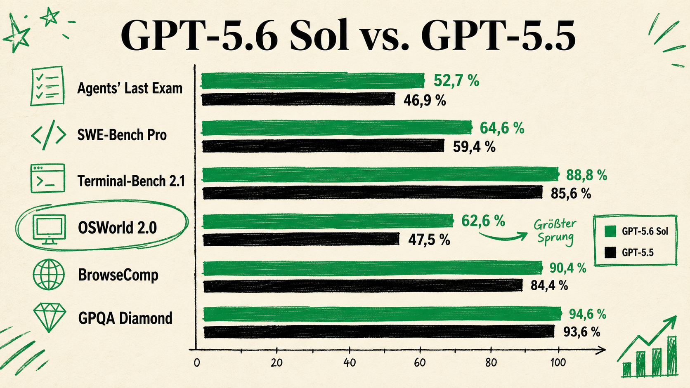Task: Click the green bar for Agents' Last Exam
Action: (x=313, y=81)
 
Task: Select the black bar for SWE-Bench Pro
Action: (x=323, y=146)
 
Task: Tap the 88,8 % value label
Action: (x=586, y=175)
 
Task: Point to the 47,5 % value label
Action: (x=429, y=240)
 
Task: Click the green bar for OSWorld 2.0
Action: (x=328, y=221)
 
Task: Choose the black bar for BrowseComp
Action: (x=363, y=286)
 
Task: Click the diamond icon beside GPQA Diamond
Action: (x=49, y=317)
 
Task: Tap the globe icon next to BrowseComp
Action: (x=49, y=275)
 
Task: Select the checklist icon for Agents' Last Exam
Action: (x=47, y=86)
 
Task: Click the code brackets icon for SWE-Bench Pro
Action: (x=49, y=135)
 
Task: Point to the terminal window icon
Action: (x=48, y=179)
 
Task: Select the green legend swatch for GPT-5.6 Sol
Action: (x=610, y=231)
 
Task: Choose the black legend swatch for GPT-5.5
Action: (x=610, y=253)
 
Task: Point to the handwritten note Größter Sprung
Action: (x=555, y=232)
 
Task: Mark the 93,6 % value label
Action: (x=582, y=332)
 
